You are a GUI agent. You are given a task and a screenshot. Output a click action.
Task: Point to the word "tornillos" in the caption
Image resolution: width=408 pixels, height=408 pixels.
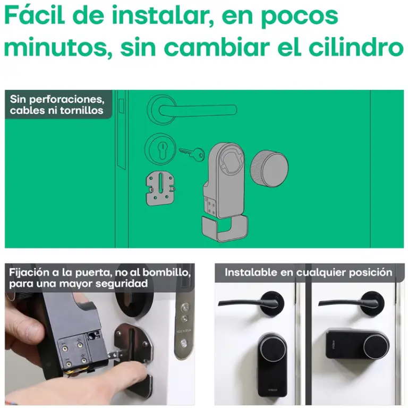pyautogui.click(x=82, y=110)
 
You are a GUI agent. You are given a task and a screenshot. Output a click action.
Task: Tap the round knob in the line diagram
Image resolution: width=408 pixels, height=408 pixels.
pyautogui.click(x=269, y=168)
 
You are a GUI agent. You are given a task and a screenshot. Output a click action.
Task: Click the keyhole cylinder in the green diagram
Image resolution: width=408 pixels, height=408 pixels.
pyautogui.click(x=160, y=149)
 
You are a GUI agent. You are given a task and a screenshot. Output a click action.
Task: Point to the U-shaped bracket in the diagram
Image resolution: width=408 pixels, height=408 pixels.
pyautogui.click(x=225, y=228)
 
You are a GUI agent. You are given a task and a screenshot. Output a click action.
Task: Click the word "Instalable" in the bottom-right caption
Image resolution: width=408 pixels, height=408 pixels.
pyautogui.click(x=251, y=273)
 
